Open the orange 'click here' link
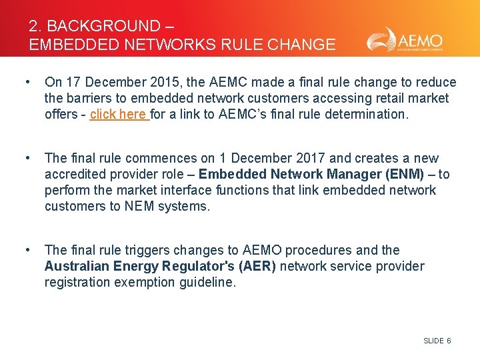tap(119, 114)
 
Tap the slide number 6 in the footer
tap(449, 341)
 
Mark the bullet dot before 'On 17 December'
tap(27, 82)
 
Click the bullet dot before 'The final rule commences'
tap(27, 158)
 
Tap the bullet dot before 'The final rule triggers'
tap(27, 250)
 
